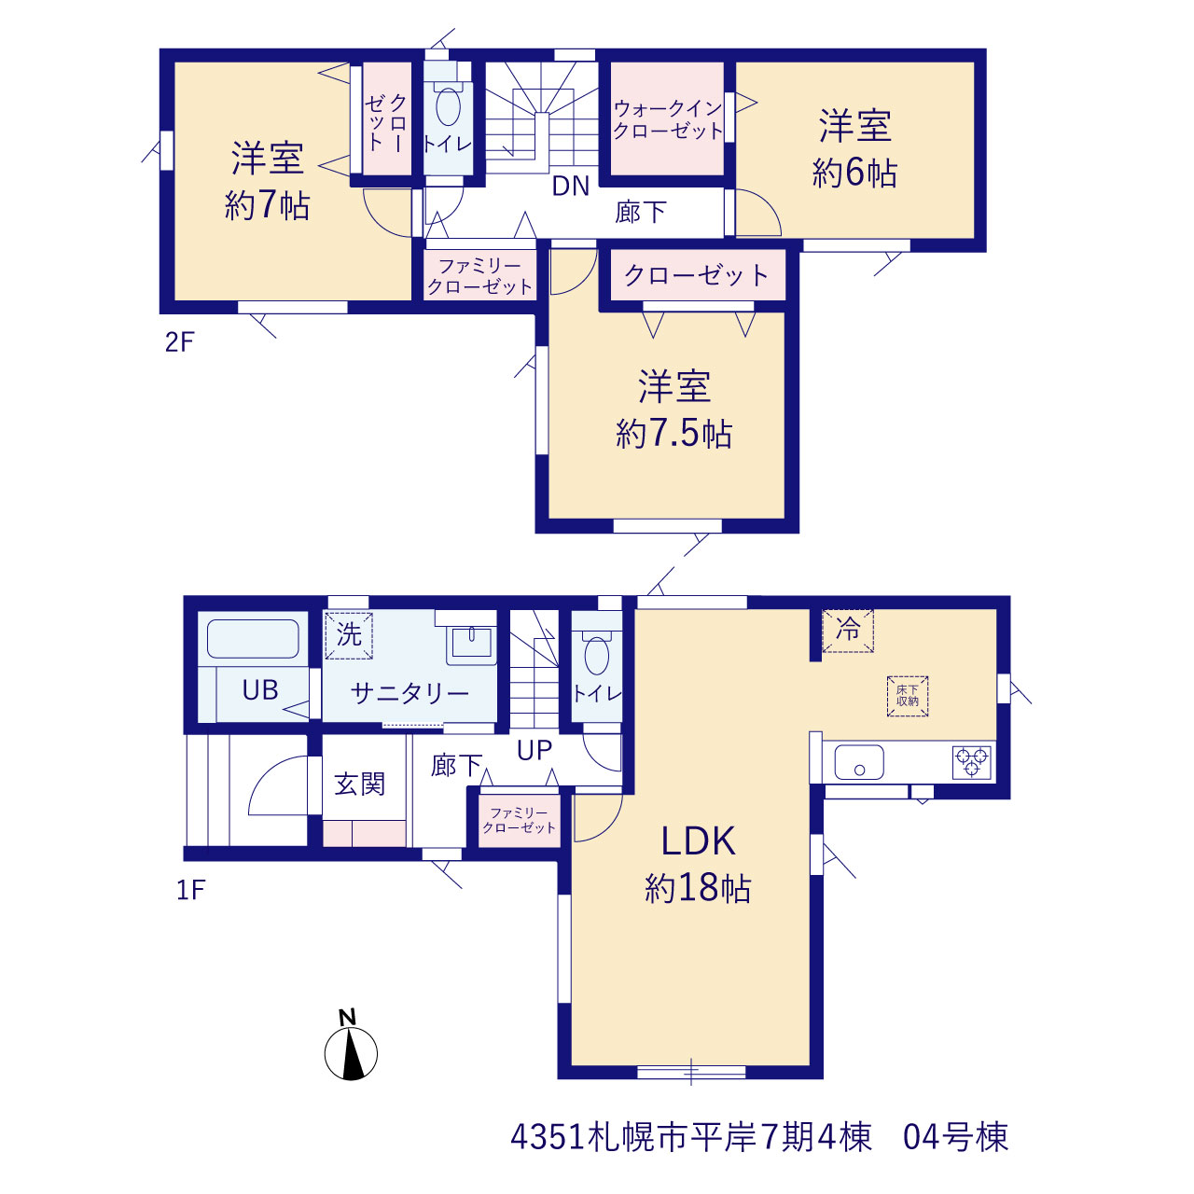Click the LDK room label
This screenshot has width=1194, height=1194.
click(x=699, y=842)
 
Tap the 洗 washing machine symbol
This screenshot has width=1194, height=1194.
click(x=349, y=635)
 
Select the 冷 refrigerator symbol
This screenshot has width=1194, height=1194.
click(x=848, y=631)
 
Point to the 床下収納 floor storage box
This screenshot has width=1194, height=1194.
click(x=907, y=696)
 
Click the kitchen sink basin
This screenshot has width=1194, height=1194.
click(x=859, y=761)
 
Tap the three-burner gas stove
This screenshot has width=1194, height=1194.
click(x=972, y=761)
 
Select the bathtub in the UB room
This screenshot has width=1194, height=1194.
click(x=253, y=639)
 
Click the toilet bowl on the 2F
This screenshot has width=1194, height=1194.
click(x=448, y=106)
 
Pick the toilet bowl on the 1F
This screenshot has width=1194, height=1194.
click(x=597, y=656)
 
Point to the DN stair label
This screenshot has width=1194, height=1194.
click(x=570, y=186)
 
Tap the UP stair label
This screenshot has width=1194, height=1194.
click(x=535, y=750)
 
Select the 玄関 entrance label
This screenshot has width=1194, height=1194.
click(x=360, y=784)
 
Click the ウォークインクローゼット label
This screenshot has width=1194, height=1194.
click(x=668, y=119)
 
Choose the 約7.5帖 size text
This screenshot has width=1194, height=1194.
click(x=674, y=433)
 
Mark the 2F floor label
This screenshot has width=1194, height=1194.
click(x=180, y=342)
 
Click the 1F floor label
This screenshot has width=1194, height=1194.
click(x=191, y=891)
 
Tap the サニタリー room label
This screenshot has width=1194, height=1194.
click(x=410, y=693)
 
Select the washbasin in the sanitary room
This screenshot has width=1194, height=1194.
click(x=471, y=643)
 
